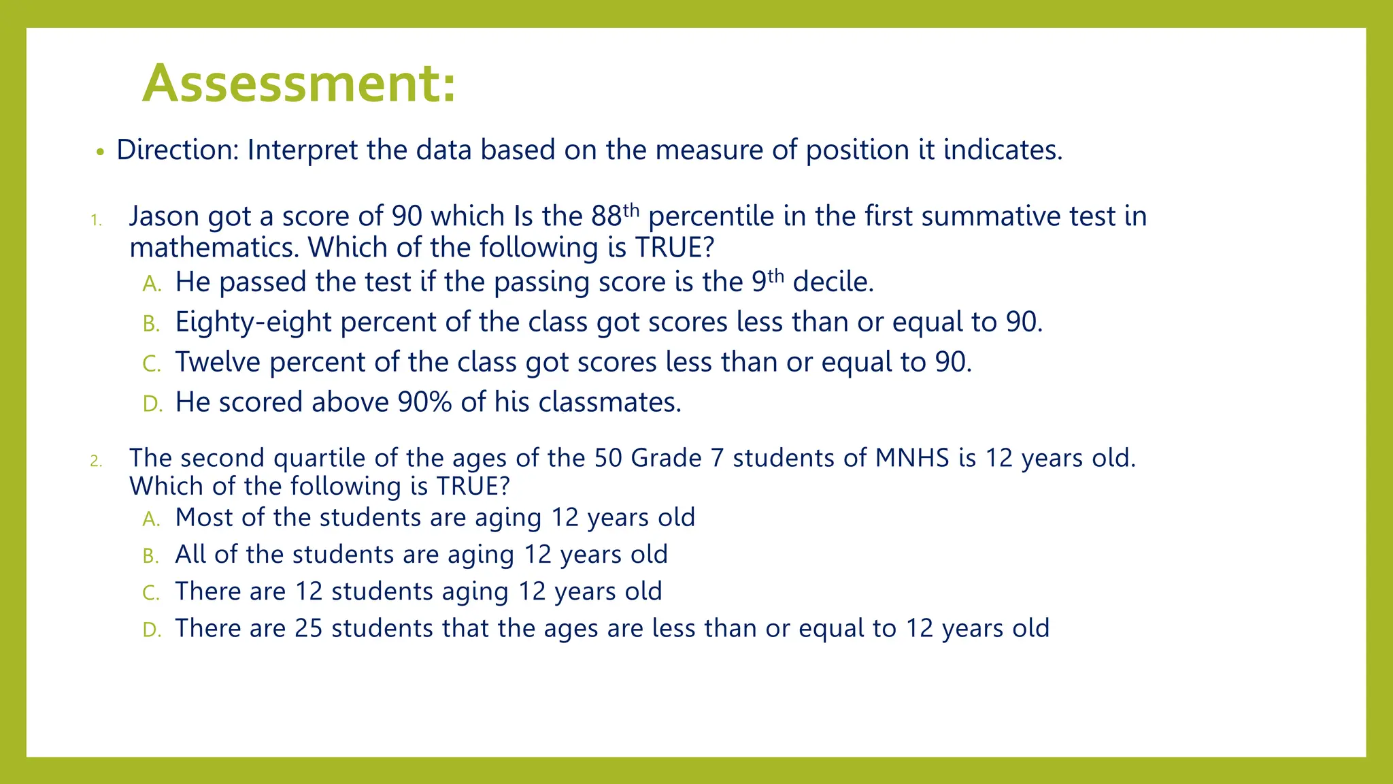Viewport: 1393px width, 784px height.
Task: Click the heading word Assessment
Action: coord(298,84)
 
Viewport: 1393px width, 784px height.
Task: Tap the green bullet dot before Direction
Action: coord(100,152)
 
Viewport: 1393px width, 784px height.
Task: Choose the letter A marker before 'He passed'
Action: coord(152,284)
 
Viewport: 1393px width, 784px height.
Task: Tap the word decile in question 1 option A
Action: coord(833,282)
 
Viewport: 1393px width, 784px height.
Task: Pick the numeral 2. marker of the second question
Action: coord(96,461)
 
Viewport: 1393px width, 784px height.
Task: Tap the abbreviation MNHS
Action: coord(912,458)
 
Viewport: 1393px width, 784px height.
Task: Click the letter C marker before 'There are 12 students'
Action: coord(151,593)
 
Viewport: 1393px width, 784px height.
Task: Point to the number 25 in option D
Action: coord(309,628)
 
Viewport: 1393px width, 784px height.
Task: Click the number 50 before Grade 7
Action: coord(608,458)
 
